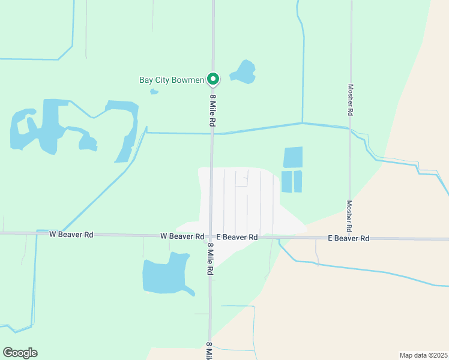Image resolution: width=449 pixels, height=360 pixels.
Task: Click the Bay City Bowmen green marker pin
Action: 212,79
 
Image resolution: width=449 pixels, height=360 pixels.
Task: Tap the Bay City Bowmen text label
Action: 172,80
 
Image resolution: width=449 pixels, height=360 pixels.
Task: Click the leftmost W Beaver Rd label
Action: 71,235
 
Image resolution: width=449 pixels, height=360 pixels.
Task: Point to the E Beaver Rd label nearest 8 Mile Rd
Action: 237,238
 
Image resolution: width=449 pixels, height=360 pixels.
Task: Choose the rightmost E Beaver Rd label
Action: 348,238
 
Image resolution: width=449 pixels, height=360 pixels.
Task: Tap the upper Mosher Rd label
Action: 351,99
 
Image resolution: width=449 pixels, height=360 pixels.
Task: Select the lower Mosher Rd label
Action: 349,216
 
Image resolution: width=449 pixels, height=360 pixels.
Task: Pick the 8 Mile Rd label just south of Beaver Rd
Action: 211,259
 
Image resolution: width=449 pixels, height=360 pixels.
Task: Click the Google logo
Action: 20,352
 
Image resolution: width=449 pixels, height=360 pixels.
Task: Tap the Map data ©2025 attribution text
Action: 423,355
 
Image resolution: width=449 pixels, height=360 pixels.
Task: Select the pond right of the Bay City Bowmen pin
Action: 244,73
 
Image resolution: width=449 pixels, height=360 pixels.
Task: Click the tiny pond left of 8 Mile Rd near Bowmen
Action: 154,92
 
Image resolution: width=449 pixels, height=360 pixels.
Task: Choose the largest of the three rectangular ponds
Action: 293,157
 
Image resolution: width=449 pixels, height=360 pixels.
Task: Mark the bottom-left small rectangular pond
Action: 286,182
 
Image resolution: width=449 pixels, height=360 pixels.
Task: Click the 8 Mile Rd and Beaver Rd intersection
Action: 211,237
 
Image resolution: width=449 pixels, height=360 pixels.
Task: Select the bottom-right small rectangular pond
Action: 298,182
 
